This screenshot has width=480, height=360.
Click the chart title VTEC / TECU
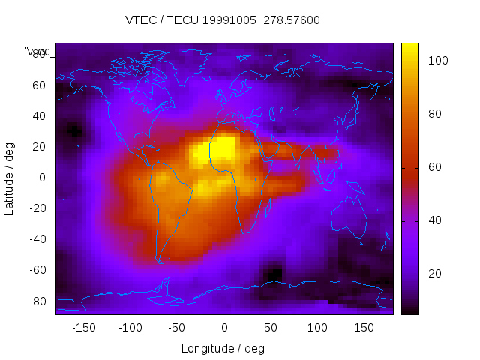(222, 20)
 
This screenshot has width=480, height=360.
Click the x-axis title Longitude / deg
(223, 348)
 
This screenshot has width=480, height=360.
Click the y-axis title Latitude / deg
(10, 177)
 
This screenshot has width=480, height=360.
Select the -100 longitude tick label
(130, 328)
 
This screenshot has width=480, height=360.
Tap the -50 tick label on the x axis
(177, 328)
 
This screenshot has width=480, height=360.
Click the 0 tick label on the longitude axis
(224, 328)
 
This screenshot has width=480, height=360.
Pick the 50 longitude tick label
(271, 328)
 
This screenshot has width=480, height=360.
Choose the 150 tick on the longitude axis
(364, 328)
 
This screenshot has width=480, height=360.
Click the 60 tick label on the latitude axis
(38, 85)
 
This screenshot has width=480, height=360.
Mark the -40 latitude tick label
(36, 239)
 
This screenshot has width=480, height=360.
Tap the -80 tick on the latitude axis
(36, 301)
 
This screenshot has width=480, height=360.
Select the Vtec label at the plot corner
(37, 52)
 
